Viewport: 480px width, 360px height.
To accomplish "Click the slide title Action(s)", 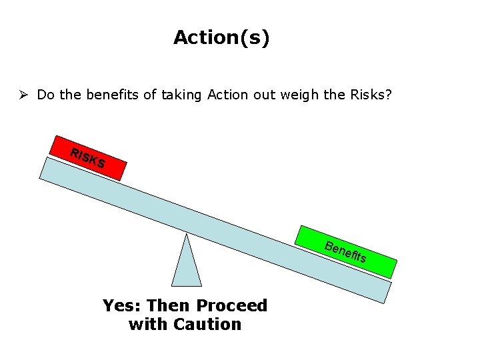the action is pos(221,37).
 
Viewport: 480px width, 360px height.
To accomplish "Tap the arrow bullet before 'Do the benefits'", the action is pos(26,95).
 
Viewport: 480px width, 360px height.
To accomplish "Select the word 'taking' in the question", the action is pos(179,95).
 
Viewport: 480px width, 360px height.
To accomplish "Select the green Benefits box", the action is pos(346,252).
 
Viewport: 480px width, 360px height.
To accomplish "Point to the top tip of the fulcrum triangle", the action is pos(187,235).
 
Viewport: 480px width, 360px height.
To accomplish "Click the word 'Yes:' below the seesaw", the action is pos(122,306).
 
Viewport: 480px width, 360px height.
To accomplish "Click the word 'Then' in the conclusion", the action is pos(169,306).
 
